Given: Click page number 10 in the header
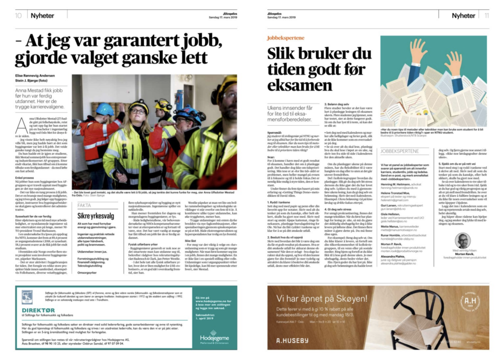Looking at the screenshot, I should pyautogui.click(x=18, y=15).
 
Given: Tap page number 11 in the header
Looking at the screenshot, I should pyautogui.click(x=486, y=15).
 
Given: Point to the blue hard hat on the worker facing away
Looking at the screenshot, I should pyautogui.click(x=104, y=109).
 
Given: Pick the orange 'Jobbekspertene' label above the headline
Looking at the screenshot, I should pyautogui.click(x=282, y=37).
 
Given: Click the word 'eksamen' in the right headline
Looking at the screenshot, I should pyautogui.click(x=300, y=85).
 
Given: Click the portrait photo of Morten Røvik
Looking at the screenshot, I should pyautogui.click(x=462, y=240).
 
